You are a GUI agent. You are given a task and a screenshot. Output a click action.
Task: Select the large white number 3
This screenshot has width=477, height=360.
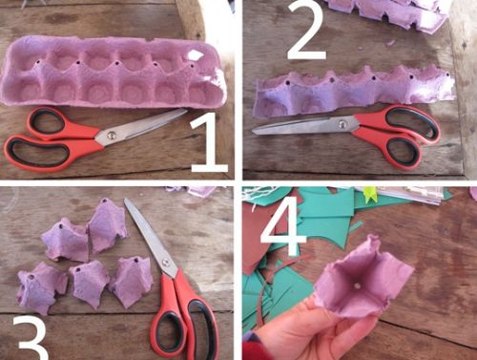[x=31, y=339]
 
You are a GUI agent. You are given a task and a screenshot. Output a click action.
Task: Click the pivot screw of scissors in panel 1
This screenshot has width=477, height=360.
[x=112, y=136]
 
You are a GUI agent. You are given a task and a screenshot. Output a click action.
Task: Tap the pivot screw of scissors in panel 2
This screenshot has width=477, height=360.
[x=342, y=124]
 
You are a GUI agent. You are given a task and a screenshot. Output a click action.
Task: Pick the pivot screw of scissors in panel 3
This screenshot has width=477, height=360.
[x=166, y=263]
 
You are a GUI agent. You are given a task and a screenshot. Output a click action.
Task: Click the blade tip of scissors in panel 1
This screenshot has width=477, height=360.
[x=187, y=110]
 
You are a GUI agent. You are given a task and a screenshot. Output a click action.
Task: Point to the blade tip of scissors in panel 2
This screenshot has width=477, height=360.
[x=254, y=132]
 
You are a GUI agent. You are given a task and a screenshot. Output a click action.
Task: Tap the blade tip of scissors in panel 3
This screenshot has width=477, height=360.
[x=126, y=200]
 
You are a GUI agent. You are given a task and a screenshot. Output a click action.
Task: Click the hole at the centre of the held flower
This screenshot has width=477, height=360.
[x=358, y=286]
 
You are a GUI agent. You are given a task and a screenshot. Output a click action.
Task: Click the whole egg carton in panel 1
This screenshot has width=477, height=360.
[x=114, y=72]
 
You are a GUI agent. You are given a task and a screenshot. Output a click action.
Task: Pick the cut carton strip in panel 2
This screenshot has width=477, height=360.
[x=354, y=91]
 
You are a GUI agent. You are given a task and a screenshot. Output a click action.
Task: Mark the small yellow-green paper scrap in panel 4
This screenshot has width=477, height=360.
[x=369, y=195]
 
